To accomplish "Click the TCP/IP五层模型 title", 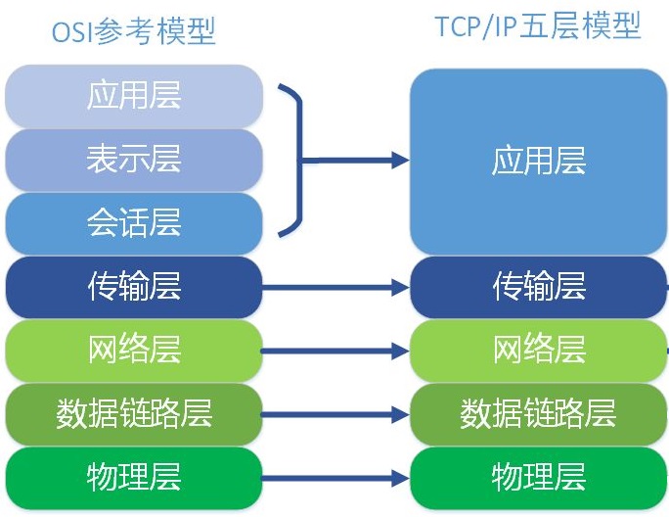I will pyautogui.click(x=538, y=26).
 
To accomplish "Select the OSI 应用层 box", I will pyautogui.click(x=134, y=96).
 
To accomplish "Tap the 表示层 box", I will pyautogui.click(x=134, y=160).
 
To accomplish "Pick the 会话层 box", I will pyautogui.click(x=134, y=223).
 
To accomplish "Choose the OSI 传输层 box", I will pyautogui.click(x=134, y=286).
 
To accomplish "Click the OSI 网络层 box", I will pyautogui.click(x=134, y=350).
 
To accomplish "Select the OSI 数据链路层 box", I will pyautogui.click(x=134, y=413).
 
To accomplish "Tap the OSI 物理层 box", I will pyautogui.click(x=134, y=477).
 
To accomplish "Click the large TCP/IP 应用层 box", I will pyautogui.click(x=538, y=161).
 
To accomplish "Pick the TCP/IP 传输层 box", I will pyautogui.click(x=538, y=286).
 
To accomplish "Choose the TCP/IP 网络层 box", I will pyautogui.click(x=538, y=350).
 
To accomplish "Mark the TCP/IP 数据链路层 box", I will pyautogui.click(x=538, y=413).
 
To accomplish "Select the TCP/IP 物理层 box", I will pyautogui.click(x=538, y=477).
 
